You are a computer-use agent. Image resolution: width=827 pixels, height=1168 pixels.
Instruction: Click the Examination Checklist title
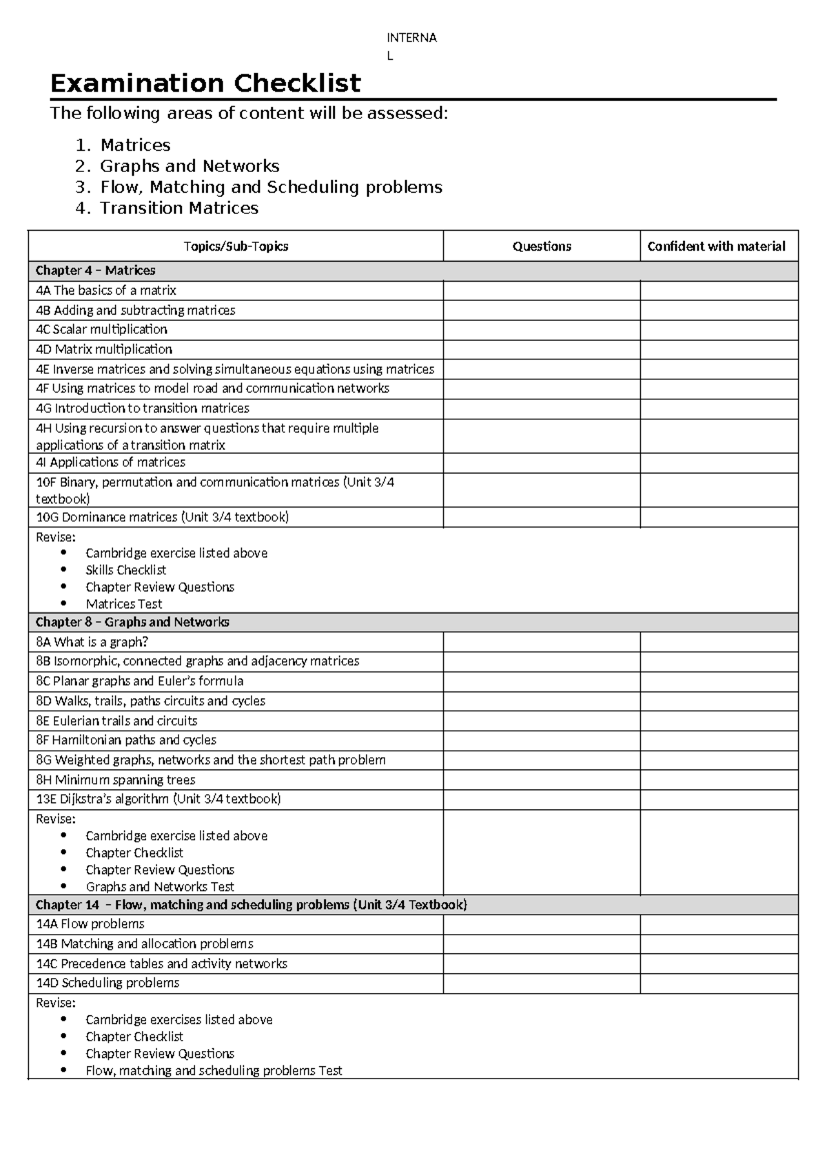(205, 83)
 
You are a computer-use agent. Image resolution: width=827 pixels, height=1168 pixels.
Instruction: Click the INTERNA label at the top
(411, 38)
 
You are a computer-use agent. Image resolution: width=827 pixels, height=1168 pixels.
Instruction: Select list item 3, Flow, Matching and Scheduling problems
(271, 187)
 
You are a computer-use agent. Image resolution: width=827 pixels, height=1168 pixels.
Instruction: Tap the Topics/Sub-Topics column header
(236, 247)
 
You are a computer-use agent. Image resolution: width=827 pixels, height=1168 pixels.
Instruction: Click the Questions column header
(542, 247)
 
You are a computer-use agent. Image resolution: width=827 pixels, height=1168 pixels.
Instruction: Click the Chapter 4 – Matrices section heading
(95, 271)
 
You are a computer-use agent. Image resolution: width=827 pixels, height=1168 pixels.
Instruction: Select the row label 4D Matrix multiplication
(104, 349)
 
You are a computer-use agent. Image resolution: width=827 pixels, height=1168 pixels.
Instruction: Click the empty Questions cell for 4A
(542, 291)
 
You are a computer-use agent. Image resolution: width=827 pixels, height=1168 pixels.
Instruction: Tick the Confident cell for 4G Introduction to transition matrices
(719, 408)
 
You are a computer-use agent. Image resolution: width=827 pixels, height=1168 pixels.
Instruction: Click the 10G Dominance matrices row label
(162, 517)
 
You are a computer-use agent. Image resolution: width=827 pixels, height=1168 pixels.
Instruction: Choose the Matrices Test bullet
(124, 604)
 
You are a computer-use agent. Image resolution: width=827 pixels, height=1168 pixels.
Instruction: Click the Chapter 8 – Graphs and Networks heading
(132, 622)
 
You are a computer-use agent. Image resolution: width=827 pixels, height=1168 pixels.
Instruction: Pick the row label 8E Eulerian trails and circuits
(116, 721)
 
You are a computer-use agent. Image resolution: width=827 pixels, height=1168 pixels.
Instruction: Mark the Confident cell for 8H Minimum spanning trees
(719, 780)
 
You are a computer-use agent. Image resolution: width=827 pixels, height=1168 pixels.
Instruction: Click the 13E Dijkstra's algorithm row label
(158, 800)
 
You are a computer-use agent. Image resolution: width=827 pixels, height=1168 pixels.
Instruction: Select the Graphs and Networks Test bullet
(160, 887)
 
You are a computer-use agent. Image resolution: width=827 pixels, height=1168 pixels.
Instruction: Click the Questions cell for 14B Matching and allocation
(542, 944)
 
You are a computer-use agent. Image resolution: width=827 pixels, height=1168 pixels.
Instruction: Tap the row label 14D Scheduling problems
(108, 983)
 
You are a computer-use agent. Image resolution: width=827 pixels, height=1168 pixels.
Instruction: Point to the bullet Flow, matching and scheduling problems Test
(214, 1071)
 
